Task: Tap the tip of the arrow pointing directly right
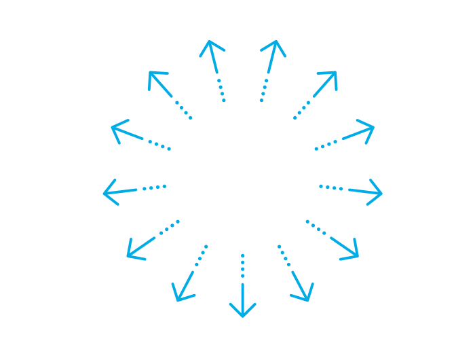click(381, 194)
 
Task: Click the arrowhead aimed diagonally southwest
click(129, 255)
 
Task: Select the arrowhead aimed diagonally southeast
click(356, 255)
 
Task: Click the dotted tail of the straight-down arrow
click(242, 266)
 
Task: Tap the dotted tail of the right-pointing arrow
click(331, 187)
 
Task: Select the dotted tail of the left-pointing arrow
click(154, 187)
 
